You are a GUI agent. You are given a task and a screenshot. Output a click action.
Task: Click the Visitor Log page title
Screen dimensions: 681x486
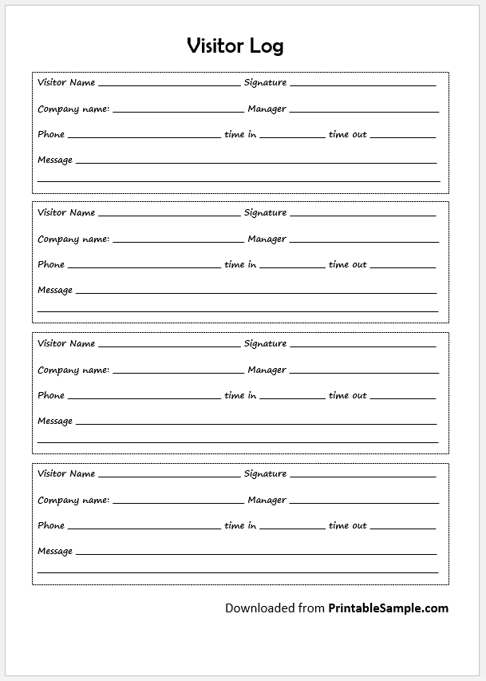[235, 46]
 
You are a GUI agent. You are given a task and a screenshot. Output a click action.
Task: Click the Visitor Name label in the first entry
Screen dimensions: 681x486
[66, 82]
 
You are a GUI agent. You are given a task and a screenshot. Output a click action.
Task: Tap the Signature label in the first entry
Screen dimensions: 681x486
[265, 82]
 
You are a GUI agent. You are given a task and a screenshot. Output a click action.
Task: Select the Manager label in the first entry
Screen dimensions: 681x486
[267, 109]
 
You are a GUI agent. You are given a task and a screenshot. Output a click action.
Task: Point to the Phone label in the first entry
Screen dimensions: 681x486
[51, 134]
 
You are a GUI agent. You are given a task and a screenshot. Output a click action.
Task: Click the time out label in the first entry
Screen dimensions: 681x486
[347, 134]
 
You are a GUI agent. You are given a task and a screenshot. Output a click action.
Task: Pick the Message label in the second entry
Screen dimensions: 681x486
[55, 290]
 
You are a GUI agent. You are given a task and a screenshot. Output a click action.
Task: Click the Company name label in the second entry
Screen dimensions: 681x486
[73, 239]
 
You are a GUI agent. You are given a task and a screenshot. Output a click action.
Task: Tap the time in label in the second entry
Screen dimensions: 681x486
[240, 264]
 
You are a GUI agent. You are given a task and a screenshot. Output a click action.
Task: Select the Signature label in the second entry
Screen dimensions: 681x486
[265, 212]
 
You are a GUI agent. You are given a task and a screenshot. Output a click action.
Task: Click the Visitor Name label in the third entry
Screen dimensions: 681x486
[66, 343]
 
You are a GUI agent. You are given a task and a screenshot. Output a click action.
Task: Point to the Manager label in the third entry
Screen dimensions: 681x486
[267, 370]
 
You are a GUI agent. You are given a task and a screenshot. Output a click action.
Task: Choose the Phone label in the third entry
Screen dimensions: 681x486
[51, 395]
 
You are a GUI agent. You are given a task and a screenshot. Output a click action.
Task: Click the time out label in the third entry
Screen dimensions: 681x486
[347, 395]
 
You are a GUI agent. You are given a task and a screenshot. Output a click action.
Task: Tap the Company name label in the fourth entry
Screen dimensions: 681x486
[73, 500]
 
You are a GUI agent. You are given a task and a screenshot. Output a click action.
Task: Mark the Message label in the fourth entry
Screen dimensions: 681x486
[55, 551]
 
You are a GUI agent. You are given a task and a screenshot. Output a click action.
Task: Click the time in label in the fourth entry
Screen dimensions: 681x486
[240, 525]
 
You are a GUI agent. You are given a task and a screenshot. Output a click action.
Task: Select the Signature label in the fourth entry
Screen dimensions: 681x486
[265, 473]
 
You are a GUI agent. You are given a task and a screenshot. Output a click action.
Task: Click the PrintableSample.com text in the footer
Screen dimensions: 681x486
[388, 608]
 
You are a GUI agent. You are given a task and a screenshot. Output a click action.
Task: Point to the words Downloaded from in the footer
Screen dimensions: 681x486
[275, 608]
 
